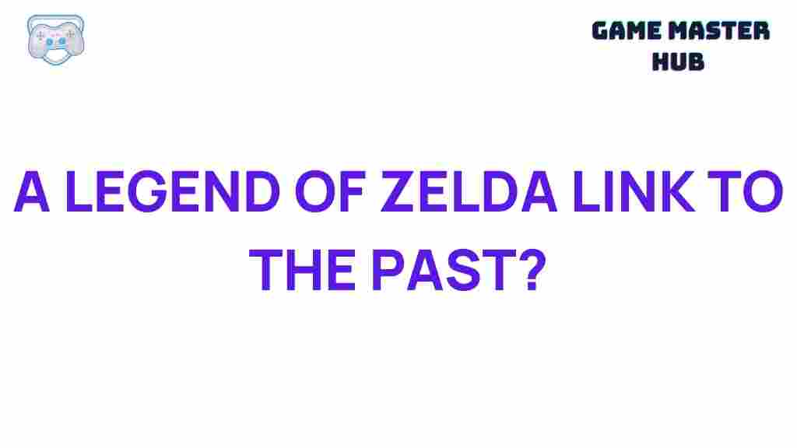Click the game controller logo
tap(54, 37)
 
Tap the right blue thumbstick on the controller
tap(66, 41)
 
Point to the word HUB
tap(677, 61)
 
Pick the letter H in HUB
tap(659, 61)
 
